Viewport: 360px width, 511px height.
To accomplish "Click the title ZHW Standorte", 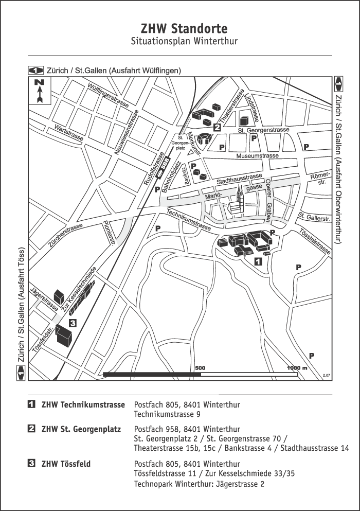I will [179, 28].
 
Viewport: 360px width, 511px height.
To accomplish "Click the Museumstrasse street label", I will [257, 155].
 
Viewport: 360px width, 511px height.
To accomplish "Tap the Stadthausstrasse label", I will [240, 179].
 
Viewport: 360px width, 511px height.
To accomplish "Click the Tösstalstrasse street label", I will [314, 240].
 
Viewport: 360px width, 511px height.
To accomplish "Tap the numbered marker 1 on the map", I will [258, 261].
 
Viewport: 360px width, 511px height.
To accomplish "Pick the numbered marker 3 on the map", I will [73, 323].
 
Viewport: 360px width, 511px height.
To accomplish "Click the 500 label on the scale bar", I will [200, 368].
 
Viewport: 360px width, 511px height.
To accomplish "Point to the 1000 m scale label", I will [297, 368].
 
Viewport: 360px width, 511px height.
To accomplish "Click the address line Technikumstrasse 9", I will [167, 414].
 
